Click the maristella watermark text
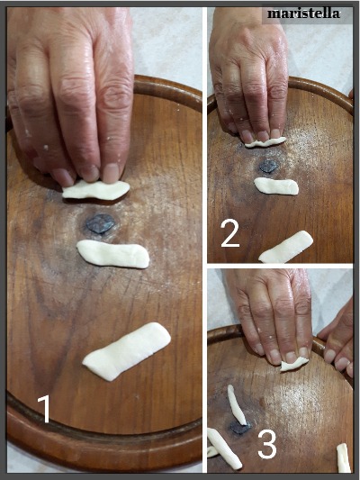[x=303, y=14]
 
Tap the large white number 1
[x=44, y=409]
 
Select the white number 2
[x=230, y=233]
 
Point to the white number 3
[x=267, y=444]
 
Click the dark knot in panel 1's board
[x=100, y=223]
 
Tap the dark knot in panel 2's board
[x=269, y=167]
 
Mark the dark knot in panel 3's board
[x=239, y=428]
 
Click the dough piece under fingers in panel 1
[x=96, y=189]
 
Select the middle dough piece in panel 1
[x=112, y=254]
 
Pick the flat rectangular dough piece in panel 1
[x=127, y=351]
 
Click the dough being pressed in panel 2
[x=265, y=142]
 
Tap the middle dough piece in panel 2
[x=276, y=186]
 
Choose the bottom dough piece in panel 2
[x=286, y=248]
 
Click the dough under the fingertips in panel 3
[x=293, y=365]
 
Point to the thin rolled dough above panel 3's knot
[x=237, y=404]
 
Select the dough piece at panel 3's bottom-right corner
[x=343, y=458]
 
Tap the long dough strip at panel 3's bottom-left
[x=224, y=448]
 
